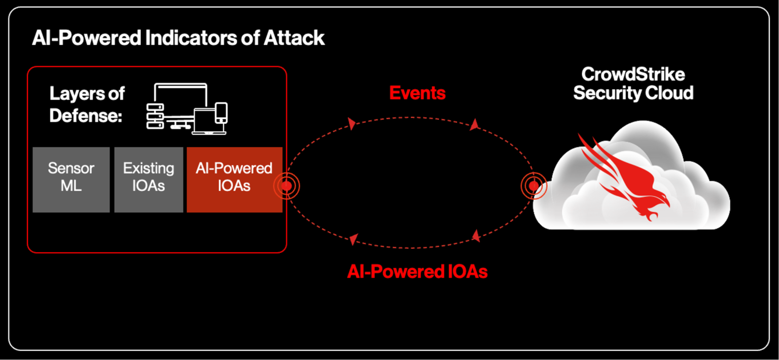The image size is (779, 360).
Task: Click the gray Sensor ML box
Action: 71,179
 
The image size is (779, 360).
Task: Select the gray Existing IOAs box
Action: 149,179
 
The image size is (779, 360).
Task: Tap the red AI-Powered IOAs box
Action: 234,179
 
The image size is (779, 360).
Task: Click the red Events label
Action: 417,93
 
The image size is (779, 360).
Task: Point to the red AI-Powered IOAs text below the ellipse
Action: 417,272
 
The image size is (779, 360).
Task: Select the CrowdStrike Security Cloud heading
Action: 633,84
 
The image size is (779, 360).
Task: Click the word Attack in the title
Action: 294,39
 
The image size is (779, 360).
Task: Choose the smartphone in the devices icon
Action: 222,113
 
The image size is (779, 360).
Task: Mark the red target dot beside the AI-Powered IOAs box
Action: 287,186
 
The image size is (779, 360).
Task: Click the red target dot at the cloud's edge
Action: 534,186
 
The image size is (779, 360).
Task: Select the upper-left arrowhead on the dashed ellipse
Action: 351,124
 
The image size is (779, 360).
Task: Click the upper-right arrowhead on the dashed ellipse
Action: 474,125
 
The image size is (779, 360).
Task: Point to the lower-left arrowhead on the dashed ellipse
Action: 353,239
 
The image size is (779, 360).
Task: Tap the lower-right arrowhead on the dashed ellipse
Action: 475,235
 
